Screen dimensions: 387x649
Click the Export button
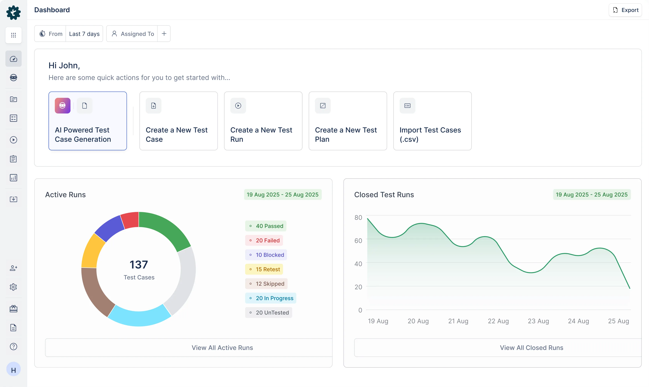click(625, 10)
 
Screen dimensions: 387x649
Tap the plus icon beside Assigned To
click(164, 34)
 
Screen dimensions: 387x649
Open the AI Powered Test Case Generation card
click(88, 121)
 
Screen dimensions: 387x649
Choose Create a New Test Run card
click(263, 121)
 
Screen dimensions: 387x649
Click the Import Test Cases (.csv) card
click(432, 121)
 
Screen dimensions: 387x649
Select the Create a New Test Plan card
click(348, 121)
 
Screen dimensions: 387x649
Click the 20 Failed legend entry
click(264, 240)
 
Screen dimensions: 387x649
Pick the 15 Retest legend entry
click(264, 269)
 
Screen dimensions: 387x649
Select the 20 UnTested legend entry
click(269, 312)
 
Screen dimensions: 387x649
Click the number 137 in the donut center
click(139, 265)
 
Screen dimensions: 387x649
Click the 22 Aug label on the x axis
click(498, 321)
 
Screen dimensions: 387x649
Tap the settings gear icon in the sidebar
click(13, 287)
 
